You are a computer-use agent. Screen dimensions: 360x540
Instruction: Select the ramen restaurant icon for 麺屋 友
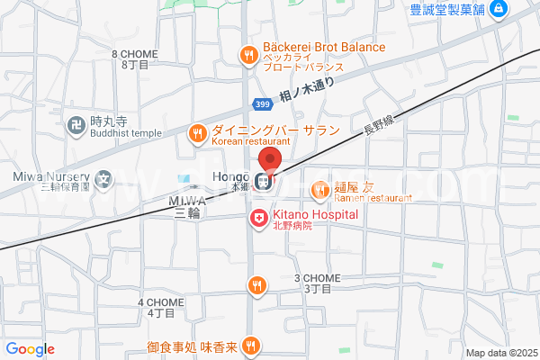point(319,189)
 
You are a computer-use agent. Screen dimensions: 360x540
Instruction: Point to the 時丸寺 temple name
point(112,120)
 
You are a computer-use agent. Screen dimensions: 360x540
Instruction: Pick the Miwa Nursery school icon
point(104,178)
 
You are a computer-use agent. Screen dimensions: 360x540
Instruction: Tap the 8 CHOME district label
point(135,54)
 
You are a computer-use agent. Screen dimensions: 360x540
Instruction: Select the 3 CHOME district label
point(319,278)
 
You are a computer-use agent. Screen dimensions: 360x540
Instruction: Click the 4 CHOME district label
point(161,302)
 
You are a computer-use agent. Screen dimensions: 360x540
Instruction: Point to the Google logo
point(30,349)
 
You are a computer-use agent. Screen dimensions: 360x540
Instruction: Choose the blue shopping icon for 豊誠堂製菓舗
point(499,10)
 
